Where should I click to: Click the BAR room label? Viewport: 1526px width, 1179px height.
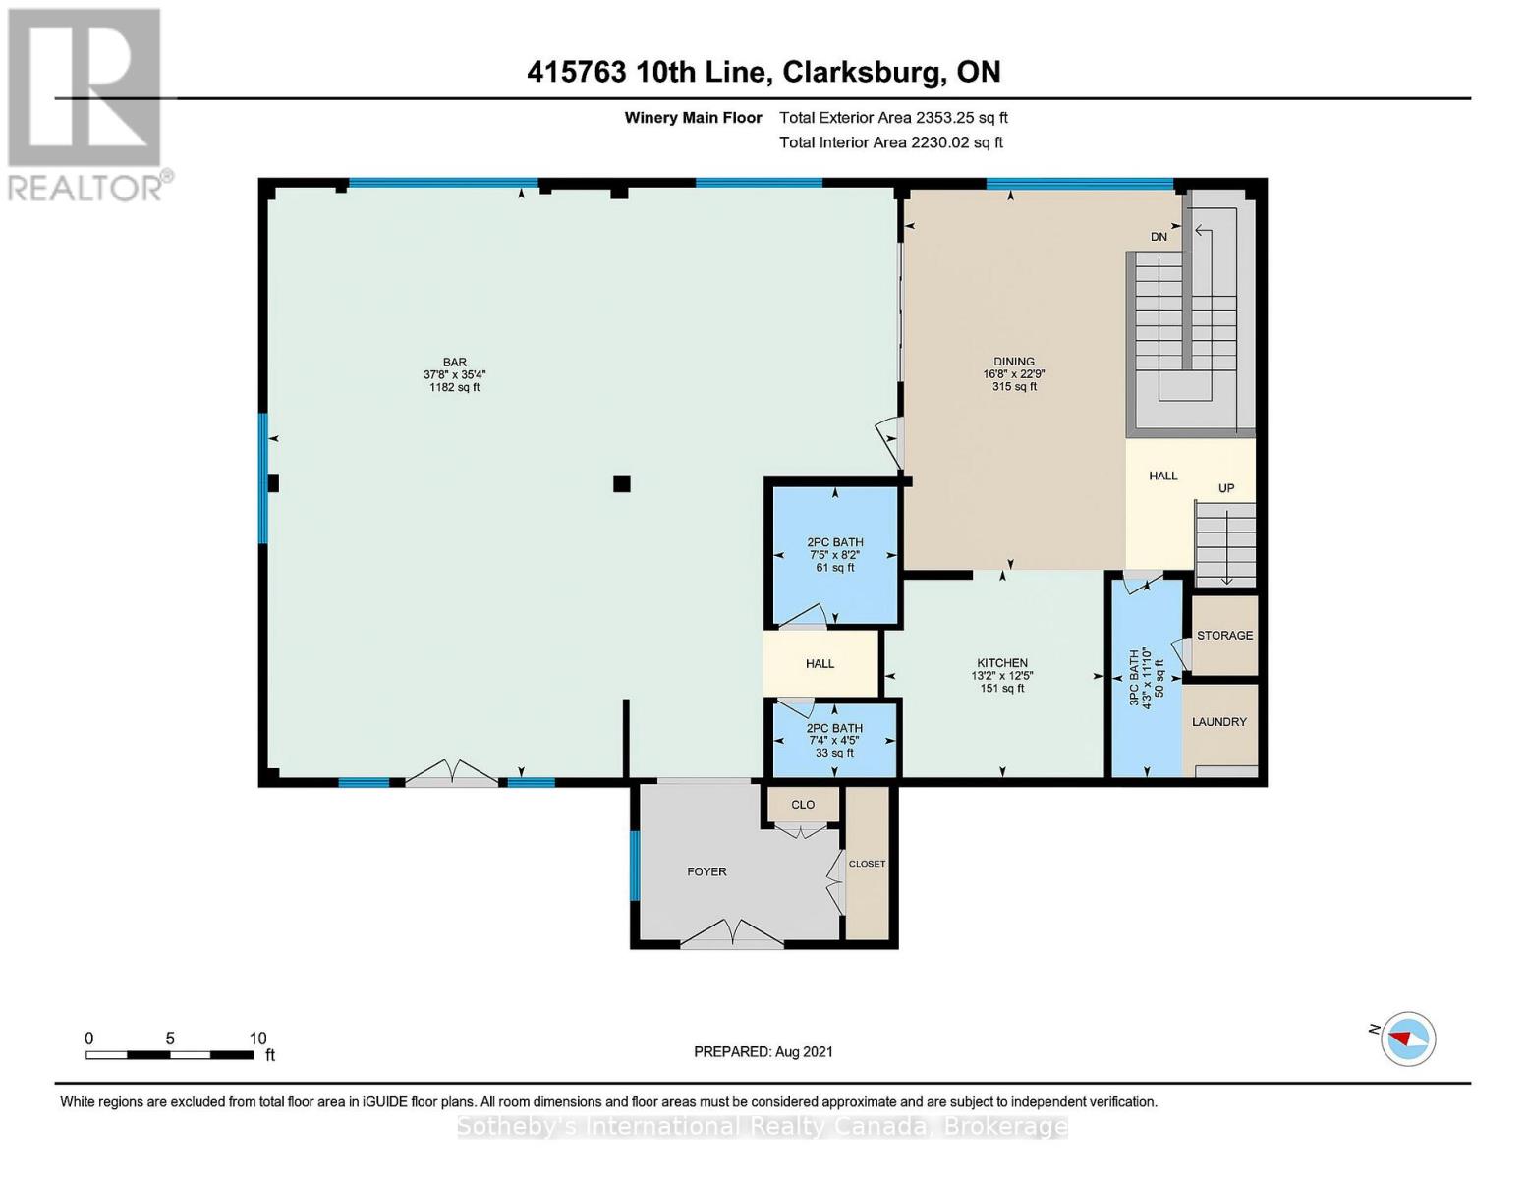(x=454, y=363)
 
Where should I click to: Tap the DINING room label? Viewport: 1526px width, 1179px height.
(x=1014, y=362)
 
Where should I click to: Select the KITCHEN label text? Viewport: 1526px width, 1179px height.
(x=1002, y=663)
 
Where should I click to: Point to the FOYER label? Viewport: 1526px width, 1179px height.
(x=706, y=871)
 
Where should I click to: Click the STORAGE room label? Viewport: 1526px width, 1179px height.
(x=1224, y=635)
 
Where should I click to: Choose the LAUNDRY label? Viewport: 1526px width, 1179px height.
(x=1219, y=721)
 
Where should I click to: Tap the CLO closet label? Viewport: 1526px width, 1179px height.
(x=803, y=804)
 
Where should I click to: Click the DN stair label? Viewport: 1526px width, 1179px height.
(x=1159, y=237)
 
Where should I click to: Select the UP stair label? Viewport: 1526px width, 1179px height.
(x=1226, y=488)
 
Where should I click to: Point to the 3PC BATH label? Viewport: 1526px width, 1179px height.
(x=1134, y=678)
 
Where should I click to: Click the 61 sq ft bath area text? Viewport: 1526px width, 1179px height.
(x=835, y=567)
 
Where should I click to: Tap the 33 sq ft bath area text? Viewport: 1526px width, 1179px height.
(x=834, y=752)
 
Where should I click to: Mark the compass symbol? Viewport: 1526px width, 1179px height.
(x=1408, y=1039)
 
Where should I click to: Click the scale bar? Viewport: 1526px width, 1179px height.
(x=169, y=1054)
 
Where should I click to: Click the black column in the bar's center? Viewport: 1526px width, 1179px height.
(x=621, y=483)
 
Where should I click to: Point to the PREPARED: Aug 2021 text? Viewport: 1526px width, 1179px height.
(x=763, y=1051)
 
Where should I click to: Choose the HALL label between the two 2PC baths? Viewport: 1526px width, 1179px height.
(x=820, y=663)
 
